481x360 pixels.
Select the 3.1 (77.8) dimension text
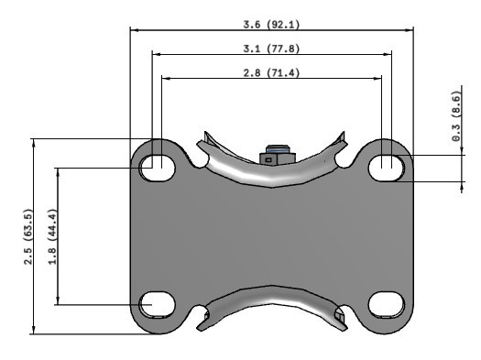271,48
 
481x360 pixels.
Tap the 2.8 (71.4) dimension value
271,72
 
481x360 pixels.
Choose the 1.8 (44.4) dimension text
52,236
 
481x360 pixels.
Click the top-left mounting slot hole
158,167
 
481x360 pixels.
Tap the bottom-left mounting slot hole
158,304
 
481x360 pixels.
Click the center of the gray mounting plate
271,236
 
